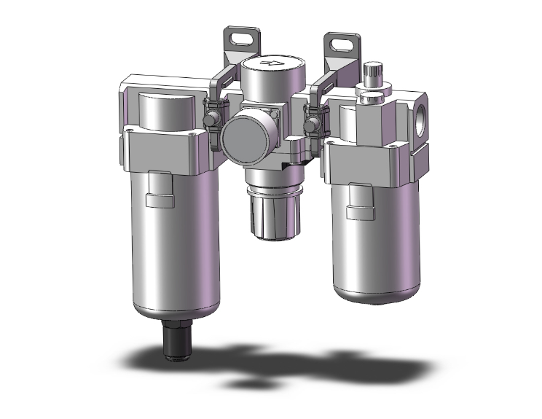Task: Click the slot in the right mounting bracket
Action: tap(340, 43)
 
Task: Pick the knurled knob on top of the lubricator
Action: tap(373, 74)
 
